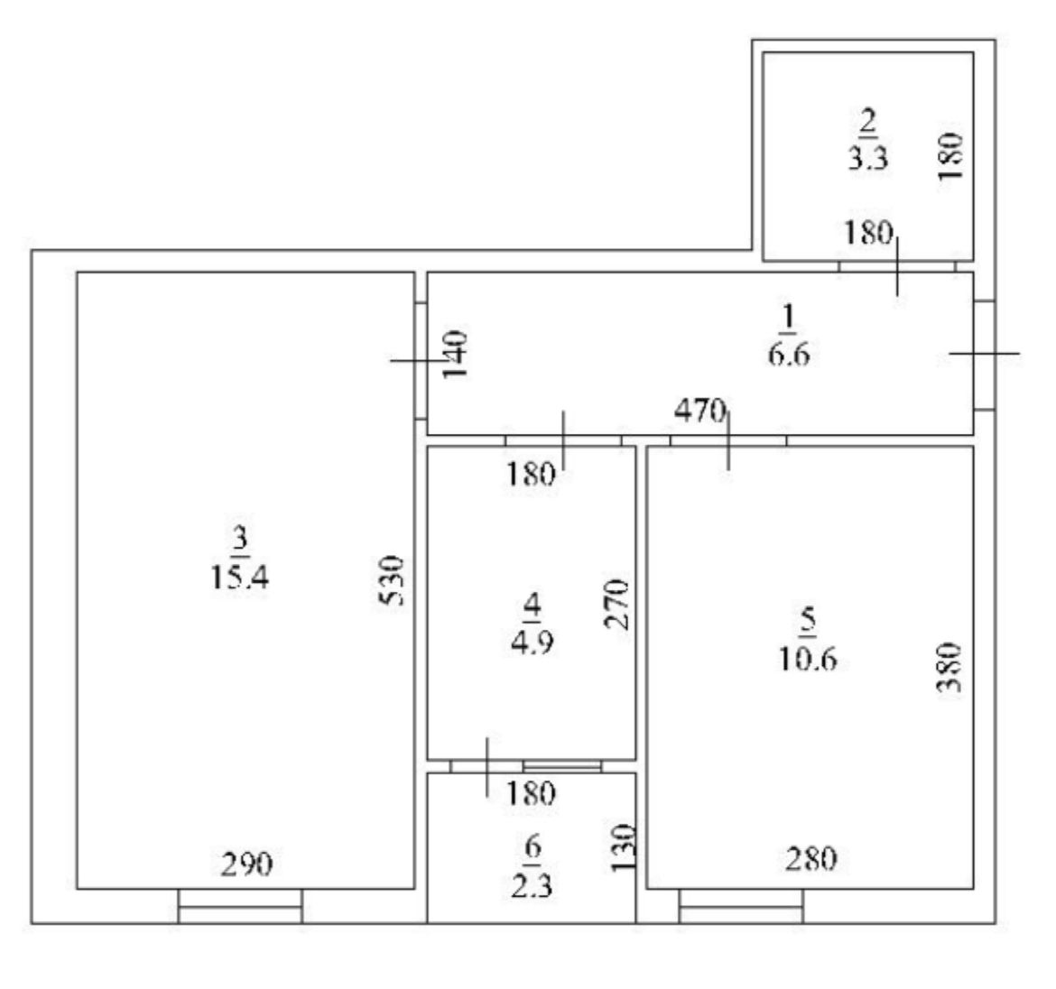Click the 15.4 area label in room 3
coord(240,578)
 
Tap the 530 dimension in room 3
coord(392,580)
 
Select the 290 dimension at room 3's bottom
coord(246,864)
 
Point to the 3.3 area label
coord(867,159)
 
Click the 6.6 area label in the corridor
coord(788,354)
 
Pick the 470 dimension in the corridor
coord(700,410)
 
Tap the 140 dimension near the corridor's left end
coord(455,354)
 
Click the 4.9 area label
coord(532,642)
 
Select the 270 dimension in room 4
coord(616,603)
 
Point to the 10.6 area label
coord(808,658)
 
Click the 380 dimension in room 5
coord(949,667)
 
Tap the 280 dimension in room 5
coord(811,858)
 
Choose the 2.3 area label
coord(532,886)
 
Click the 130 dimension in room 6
coord(623,847)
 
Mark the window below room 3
coord(240,906)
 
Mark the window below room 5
coord(742,906)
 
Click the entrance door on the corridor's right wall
coord(985,354)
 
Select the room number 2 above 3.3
coord(867,121)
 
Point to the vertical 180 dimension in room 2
coord(950,155)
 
